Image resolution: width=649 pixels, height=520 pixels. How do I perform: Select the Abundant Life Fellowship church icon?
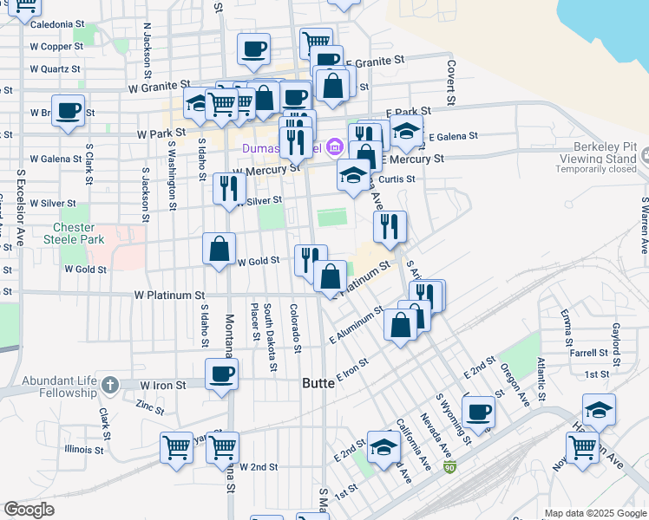pyautogui.click(x=109, y=384)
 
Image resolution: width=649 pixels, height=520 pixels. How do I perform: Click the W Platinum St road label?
pyautogui.click(x=169, y=296)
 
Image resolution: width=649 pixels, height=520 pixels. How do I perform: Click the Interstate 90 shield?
pyautogui.click(x=449, y=468)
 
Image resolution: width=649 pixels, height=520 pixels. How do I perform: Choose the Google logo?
pyautogui.click(x=29, y=510)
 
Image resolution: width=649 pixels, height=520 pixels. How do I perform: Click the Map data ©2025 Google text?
pyautogui.click(x=594, y=513)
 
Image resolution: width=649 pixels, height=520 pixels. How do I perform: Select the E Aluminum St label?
pyautogui.click(x=357, y=325)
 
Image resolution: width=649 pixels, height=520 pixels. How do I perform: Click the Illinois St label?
pyautogui.click(x=83, y=450)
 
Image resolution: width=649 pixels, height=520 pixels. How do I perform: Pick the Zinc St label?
pyautogui.click(x=150, y=405)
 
